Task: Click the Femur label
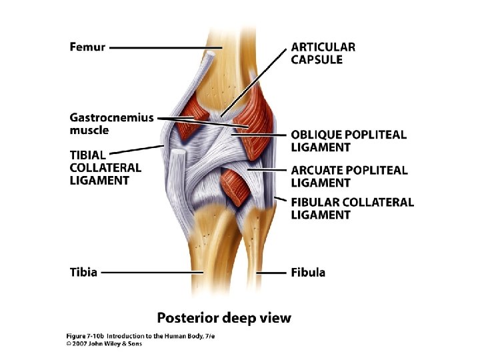pos(87,47)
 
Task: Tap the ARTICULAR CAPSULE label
pos(323,53)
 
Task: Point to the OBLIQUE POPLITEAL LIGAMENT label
pos(348,141)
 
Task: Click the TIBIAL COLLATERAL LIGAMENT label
pos(105,167)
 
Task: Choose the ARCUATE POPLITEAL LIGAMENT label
pos(349,176)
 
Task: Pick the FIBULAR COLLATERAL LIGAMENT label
pos(352,208)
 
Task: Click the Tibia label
pos(83,272)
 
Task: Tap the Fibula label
pos(308,272)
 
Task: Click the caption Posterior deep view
pos(224,317)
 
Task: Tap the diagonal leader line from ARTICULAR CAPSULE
pos(257,80)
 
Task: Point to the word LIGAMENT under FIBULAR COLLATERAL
pos(321,215)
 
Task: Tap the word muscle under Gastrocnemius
pos(89,130)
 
